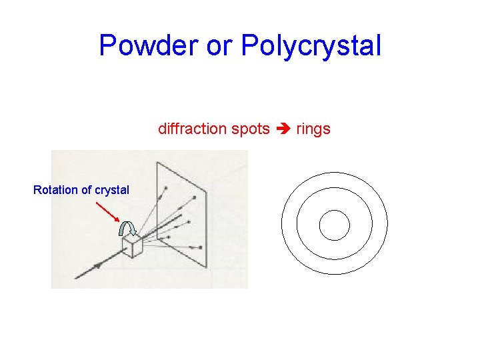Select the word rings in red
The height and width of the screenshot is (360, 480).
tap(313, 129)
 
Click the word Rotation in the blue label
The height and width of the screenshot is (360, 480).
tap(55, 190)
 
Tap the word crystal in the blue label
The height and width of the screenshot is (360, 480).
tap(111, 190)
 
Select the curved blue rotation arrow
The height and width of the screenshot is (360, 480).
tap(127, 229)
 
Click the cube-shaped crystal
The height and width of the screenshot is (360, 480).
tap(132, 247)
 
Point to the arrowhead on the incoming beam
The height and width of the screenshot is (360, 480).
tap(97, 265)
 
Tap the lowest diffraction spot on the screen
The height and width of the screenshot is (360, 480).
tap(200, 247)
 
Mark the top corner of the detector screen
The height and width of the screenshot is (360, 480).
tap(157, 162)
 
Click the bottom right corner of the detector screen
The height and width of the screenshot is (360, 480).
tap(207, 269)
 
